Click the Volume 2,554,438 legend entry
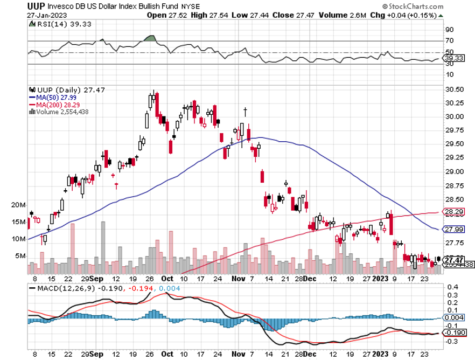pyautogui.click(x=61, y=112)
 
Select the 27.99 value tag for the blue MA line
pyautogui.click(x=455, y=229)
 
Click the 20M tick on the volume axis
pyautogui.click(x=18, y=205)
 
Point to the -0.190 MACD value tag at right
pyautogui.click(x=455, y=333)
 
